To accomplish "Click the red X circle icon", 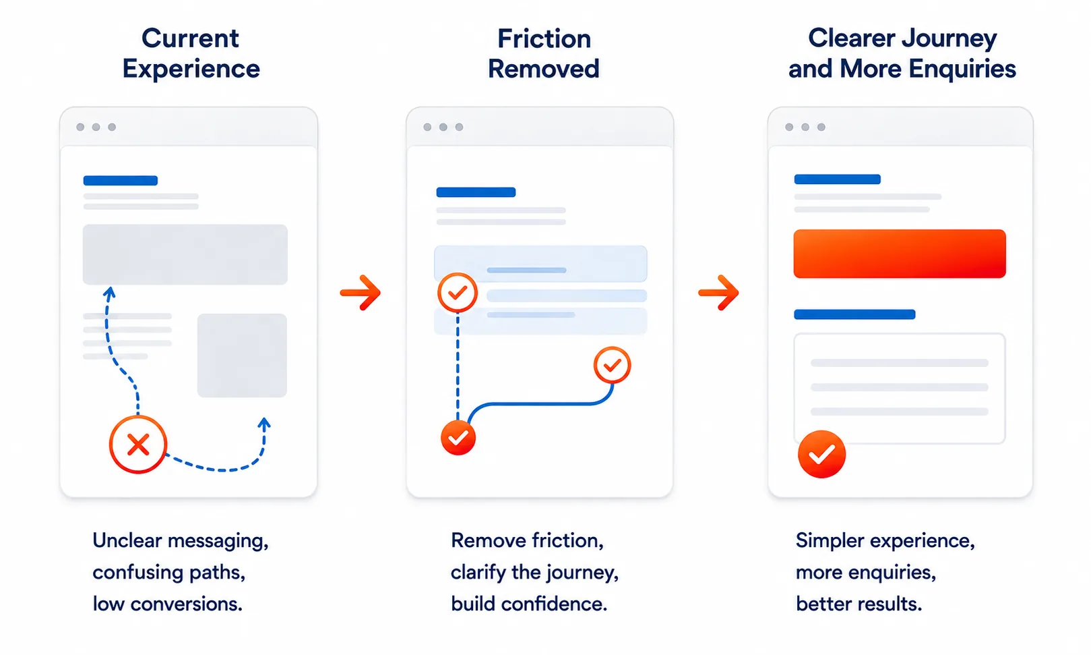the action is (138, 445).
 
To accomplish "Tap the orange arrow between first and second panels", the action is (361, 293).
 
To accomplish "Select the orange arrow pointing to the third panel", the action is (718, 293).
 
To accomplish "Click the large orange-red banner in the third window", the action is (900, 254).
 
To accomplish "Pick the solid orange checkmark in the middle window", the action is (458, 438).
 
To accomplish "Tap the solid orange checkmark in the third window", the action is (821, 454).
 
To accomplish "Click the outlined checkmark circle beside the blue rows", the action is (458, 293).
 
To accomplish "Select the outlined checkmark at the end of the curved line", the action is (613, 365).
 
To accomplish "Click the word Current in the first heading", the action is (190, 38).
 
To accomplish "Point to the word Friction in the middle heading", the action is (544, 38).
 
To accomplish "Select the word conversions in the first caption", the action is (187, 604).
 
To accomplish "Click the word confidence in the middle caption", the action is (555, 604).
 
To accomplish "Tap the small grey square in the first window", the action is (242, 355).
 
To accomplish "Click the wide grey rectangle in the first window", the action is (185, 254).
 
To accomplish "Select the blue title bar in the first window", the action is (121, 181).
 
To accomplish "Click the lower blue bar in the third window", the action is (854, 314).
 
